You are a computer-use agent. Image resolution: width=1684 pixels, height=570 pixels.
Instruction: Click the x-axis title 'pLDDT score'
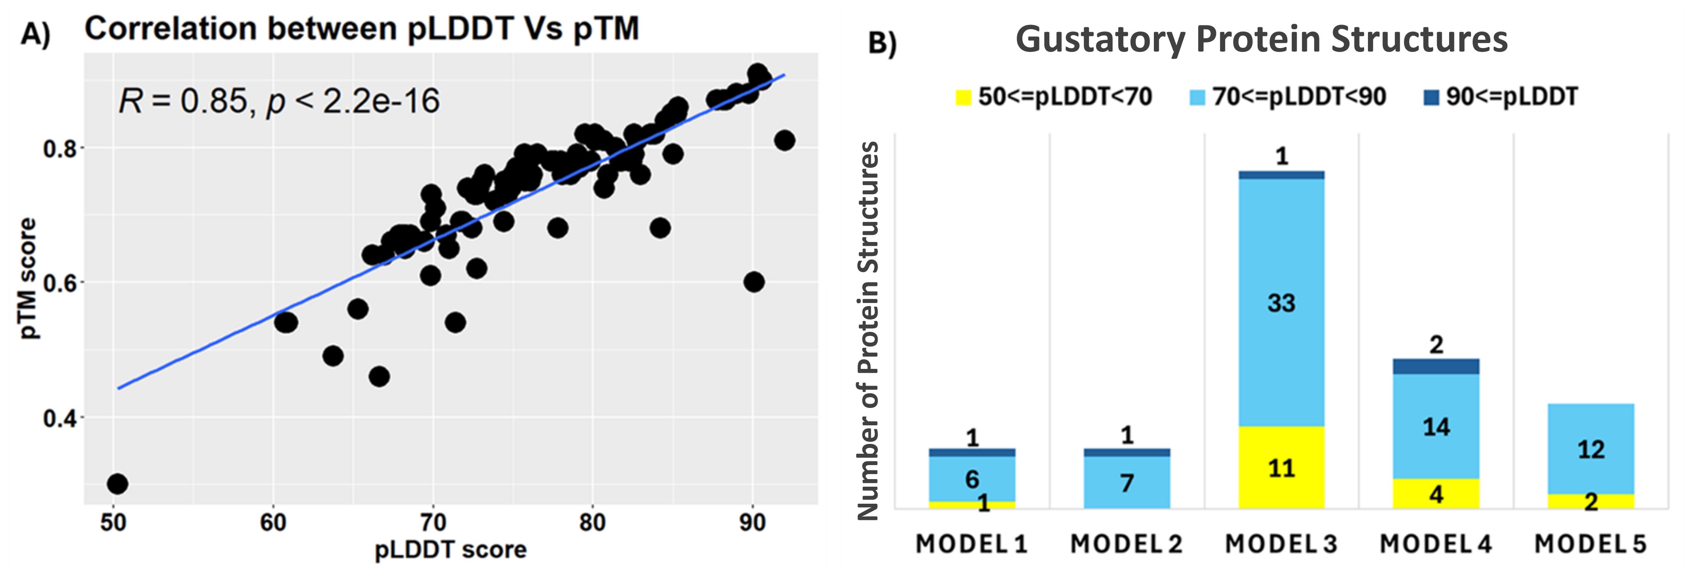(451, 550)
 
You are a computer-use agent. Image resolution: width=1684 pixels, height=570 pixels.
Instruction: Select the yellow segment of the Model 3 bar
(1281, 467)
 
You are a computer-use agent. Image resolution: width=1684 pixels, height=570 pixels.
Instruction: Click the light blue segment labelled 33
(1281, 303)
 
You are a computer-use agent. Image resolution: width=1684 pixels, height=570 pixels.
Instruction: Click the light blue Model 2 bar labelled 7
(1126, 483)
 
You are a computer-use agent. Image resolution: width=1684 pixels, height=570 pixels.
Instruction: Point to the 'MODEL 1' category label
(972, 544)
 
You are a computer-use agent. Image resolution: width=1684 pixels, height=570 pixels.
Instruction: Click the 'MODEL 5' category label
(1590, 544)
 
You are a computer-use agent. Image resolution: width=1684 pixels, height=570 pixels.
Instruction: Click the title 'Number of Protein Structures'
(868, 331)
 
